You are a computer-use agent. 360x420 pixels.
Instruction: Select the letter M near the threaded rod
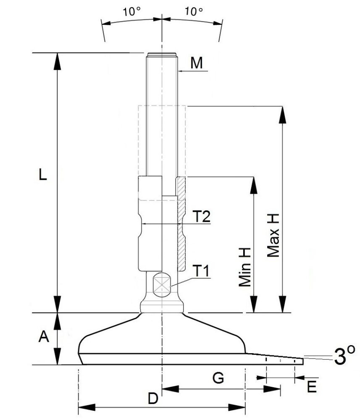click(x=196, y=63)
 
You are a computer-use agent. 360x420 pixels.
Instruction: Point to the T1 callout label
click(x=202, y=271)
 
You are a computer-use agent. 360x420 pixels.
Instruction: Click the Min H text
click(x=245, y=267)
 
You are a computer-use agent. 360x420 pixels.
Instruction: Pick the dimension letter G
click(x=218, y=378)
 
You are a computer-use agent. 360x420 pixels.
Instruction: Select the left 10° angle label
click(x=131, y=11)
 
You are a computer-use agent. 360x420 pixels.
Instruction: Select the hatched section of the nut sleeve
click(x=181, y=223)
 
